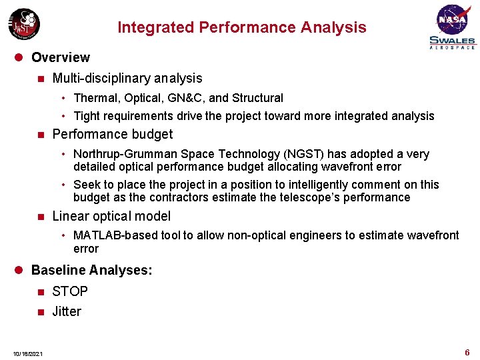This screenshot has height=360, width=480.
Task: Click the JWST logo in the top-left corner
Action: click(23, 24)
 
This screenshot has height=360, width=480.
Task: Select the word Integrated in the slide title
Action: click(151, 27)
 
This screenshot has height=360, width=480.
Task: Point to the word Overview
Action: click(60, 57)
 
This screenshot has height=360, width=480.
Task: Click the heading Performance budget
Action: click(112, 134)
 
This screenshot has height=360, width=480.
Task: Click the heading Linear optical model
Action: click(111, 216)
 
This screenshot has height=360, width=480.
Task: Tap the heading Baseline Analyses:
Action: click(92, 270)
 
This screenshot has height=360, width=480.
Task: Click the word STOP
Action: click(70, 291)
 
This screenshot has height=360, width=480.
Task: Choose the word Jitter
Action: click(67, 311)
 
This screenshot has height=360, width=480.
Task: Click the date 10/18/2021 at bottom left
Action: click(27, 353)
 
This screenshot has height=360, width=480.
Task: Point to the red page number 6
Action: click(467, 352)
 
